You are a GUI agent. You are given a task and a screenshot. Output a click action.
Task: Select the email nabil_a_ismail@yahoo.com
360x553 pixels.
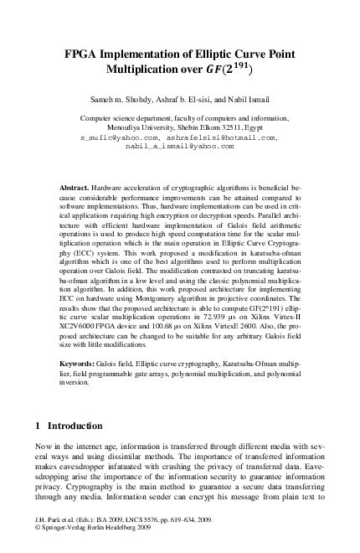click(x=180, y=145)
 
